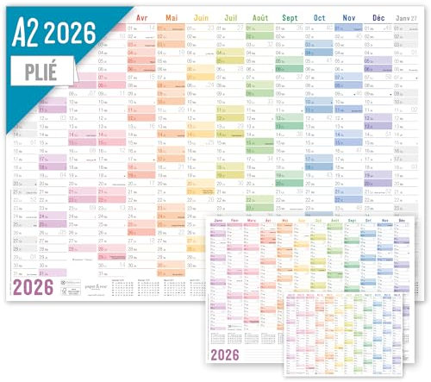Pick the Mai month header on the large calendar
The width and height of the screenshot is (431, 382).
click(172, 17)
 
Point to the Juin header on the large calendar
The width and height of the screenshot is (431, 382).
click(202, 17)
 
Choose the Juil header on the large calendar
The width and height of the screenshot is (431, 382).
click(231, 17)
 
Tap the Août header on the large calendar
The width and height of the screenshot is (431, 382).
click(260, 17)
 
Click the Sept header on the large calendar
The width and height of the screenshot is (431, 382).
click(290, 17)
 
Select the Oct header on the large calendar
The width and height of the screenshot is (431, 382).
click(320, 17)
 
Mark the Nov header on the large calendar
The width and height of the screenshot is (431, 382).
click(349, 17)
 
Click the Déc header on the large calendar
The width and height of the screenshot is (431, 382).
click(378, 17)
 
